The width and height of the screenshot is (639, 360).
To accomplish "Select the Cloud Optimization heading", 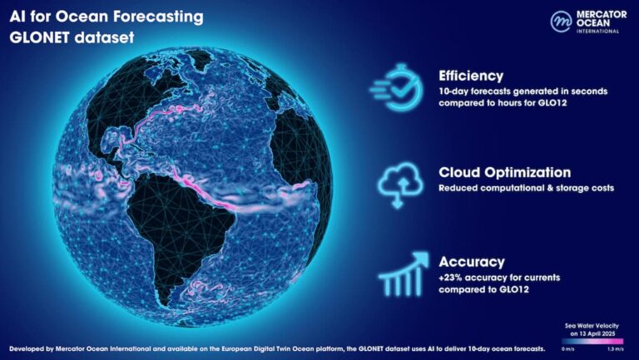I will click(504, 172).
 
